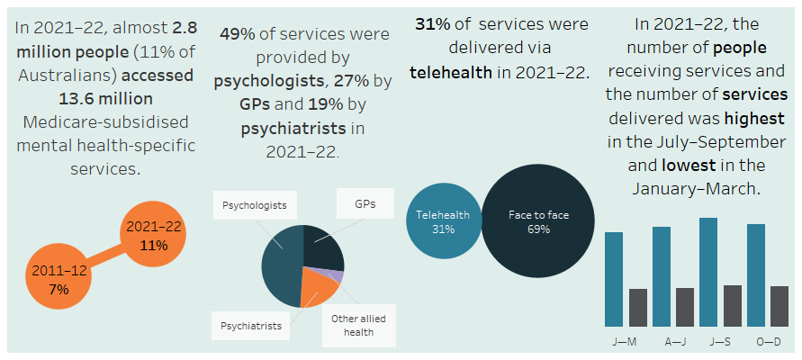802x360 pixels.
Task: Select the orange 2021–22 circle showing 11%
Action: [155, 236]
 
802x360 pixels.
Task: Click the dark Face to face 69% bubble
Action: [537, 222]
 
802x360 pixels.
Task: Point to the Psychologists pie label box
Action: [256, 205]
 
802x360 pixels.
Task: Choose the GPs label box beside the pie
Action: [365, 204]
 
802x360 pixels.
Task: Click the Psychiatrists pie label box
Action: [251, 325]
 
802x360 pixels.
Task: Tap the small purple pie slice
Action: [337, 275]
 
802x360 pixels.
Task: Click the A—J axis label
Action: [672, 342]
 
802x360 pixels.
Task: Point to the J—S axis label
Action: [720, 342]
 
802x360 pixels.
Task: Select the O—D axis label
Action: [768, 342]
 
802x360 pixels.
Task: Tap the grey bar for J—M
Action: [638, 307]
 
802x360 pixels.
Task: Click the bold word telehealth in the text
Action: [450, 72]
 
